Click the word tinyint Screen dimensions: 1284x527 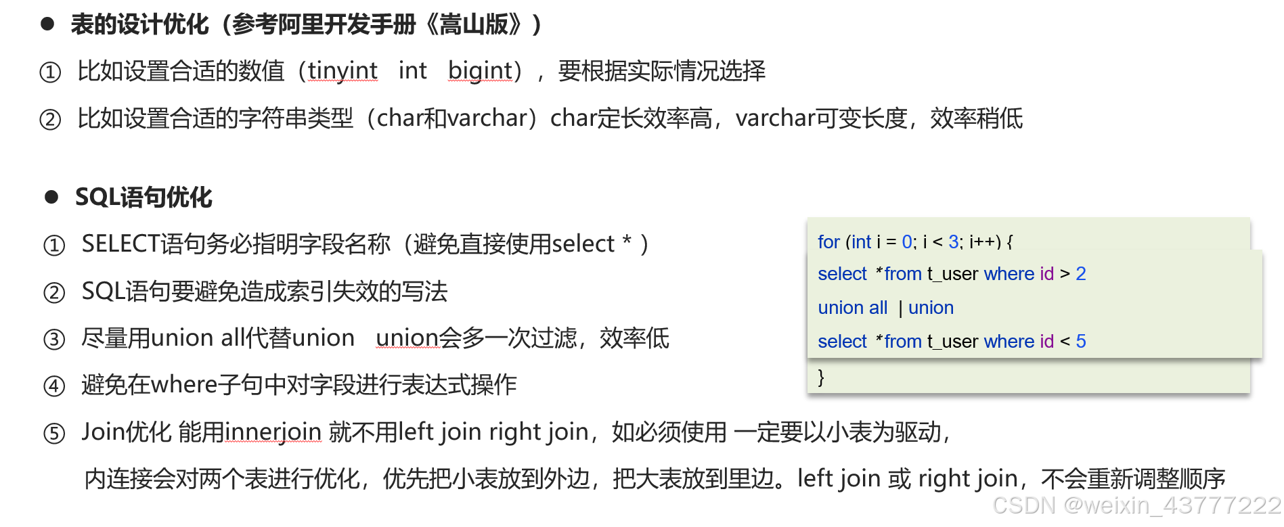click(342, 70)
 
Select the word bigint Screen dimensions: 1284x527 click(480, 70)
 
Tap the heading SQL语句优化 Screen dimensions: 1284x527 click(143, 198)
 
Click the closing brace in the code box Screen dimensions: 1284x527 click(821, 377)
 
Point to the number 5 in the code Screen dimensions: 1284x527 click(1081, 342)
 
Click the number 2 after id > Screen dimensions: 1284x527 click(1081, 274)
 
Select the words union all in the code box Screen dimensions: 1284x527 click(852, 308)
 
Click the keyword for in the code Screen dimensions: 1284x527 click(828, 242)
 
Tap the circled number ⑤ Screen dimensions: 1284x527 click(54, 433)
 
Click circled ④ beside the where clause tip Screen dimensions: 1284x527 click(54, 386)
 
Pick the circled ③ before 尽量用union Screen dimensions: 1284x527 click(54, 339)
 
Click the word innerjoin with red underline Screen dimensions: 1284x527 click(273, 432)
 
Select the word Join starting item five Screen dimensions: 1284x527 click(103, 432)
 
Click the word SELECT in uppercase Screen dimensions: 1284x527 click(120, 244)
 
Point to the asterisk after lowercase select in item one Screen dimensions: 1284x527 click(627, 242)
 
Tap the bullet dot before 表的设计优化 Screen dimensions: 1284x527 click(47, 24)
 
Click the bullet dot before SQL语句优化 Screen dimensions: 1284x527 click(51, 197)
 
